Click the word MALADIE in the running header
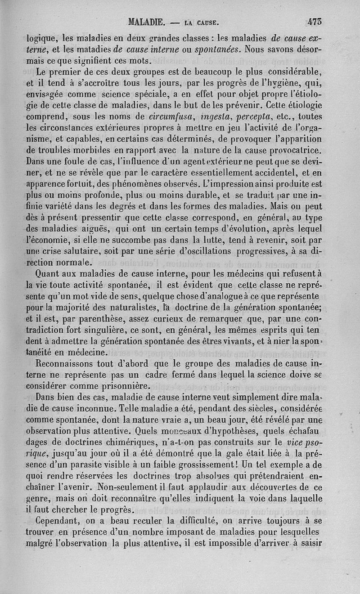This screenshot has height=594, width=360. click(x=147, y=21)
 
